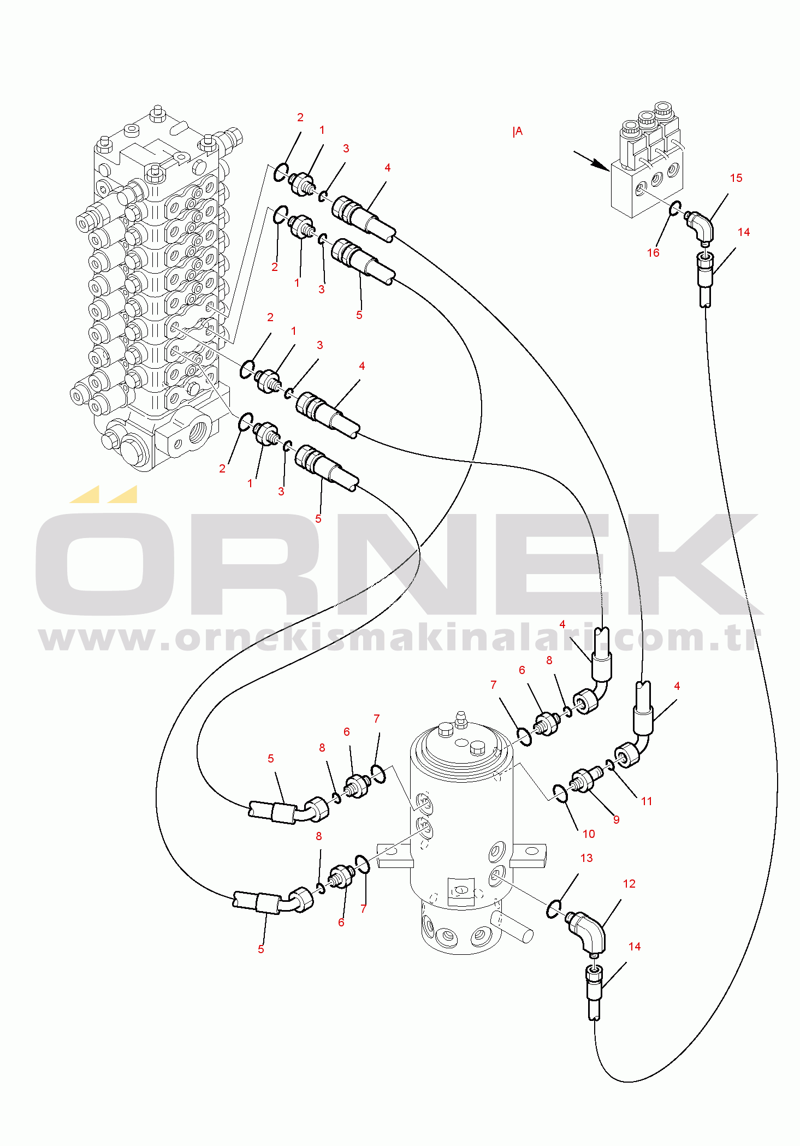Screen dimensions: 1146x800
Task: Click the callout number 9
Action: click(616, 819)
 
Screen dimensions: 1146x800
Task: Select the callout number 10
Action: click(588, 834)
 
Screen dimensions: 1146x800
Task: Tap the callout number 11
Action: click(647, 801)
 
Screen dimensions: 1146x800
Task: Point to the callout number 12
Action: click(629, 883)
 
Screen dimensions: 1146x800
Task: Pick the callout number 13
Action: click(586, 858)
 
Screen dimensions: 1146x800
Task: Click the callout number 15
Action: click(736, 178)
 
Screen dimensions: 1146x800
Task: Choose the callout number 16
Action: click(653, 252)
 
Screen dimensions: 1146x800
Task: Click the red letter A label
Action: click(518, 131)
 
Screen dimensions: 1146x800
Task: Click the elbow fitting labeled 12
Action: click(586, 931)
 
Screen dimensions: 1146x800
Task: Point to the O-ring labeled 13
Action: click(553, 907)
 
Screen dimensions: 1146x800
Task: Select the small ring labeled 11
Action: click(610, 765)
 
